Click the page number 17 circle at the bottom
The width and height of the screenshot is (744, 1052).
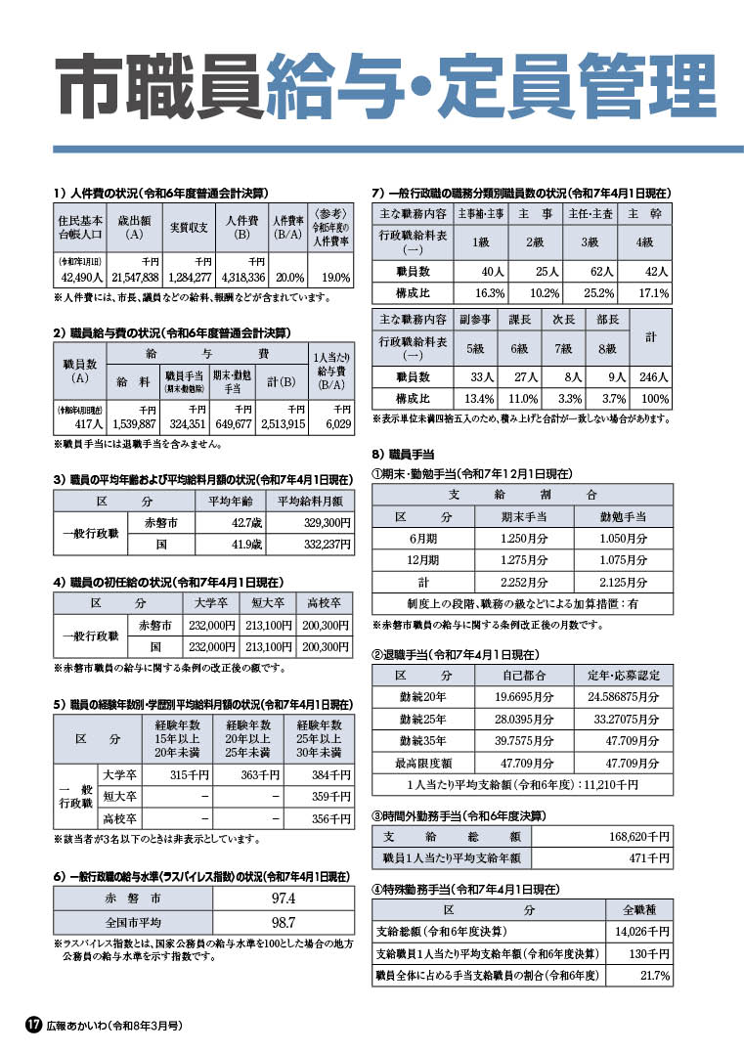32,1025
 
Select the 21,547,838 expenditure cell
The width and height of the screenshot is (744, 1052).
134,278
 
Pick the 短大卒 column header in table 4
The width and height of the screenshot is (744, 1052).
266,602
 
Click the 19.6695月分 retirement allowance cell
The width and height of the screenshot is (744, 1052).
522,698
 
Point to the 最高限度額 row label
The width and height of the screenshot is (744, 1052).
423,763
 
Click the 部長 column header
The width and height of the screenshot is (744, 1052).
607,320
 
